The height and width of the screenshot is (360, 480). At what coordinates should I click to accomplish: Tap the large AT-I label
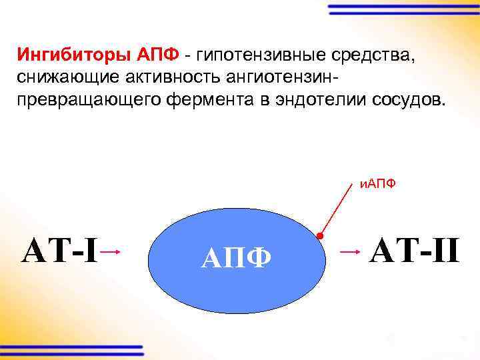pos(61,251)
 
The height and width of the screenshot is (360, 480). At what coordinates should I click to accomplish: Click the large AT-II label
pos(414,251)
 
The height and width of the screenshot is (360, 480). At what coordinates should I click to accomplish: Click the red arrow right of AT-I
pos(111,251)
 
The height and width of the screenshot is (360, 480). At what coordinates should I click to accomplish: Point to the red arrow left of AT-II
pos(350,252)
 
